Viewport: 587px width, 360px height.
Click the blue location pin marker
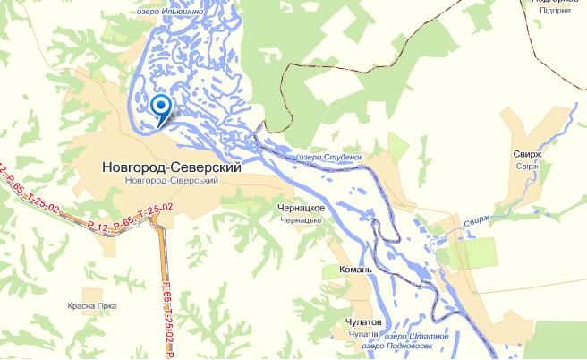(161, 107)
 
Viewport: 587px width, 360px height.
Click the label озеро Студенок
(330, 156)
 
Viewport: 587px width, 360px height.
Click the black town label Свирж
(529, 153)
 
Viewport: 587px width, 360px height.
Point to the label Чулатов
(362, 321)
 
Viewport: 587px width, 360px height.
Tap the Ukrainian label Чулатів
(360, 334)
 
